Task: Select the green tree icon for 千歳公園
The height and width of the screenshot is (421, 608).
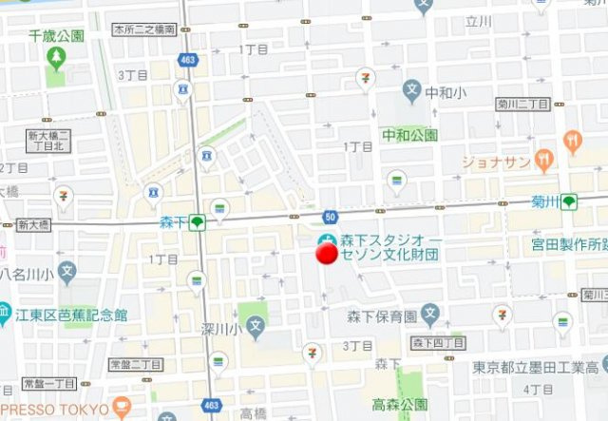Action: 56,58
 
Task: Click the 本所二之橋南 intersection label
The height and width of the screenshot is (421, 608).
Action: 143,30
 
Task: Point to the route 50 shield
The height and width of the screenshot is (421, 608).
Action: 330,218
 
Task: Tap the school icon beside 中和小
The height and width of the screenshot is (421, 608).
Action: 411,92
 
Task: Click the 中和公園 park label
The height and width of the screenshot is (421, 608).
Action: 409,135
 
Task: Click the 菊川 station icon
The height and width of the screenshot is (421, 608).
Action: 569,201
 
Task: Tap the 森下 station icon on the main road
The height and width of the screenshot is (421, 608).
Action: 197,223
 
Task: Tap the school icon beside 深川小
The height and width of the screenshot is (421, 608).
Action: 255,328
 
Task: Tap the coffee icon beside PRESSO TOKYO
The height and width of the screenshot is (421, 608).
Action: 121,410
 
